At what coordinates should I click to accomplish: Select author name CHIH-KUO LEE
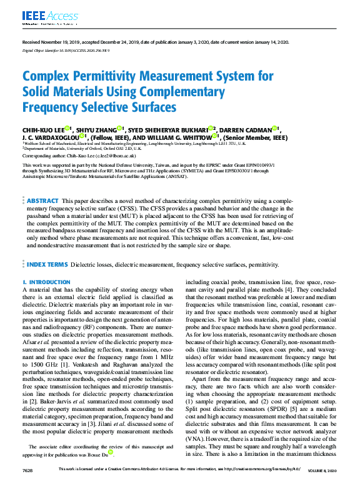coord(42,129)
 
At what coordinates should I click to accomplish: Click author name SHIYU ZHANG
coord(96,129)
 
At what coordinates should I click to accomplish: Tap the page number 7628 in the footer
coord(27,486)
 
